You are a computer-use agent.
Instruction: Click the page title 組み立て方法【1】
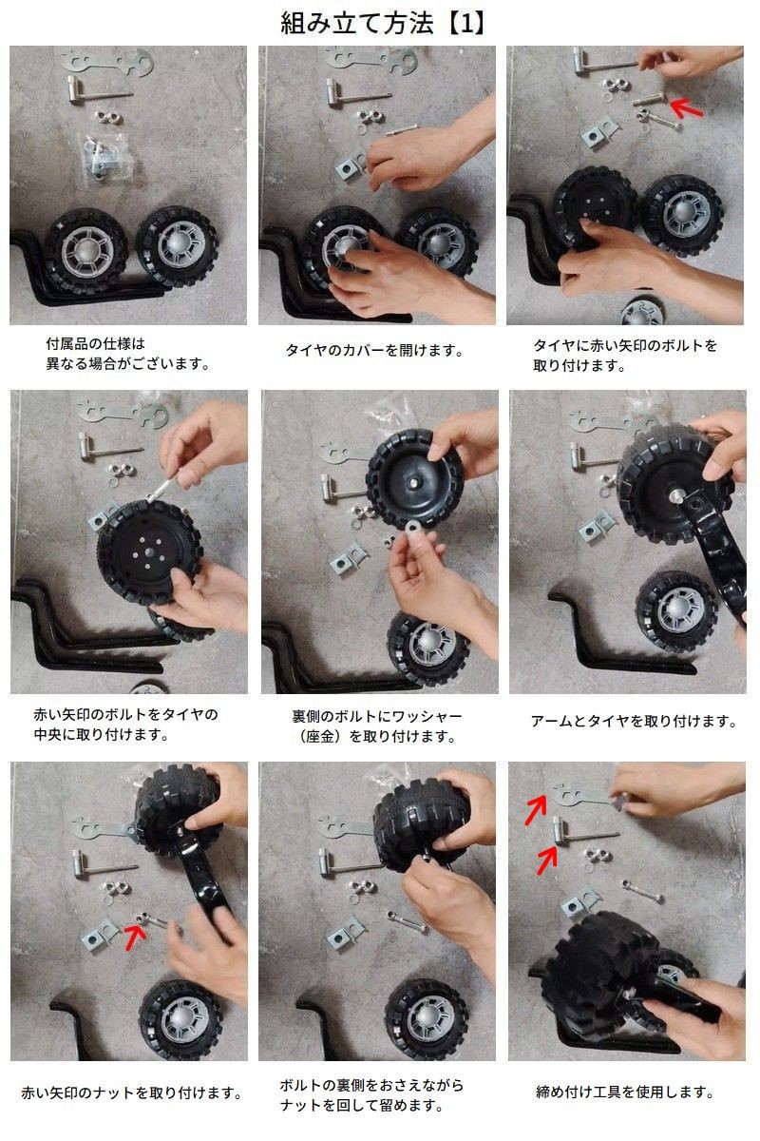click(x=383, y=24)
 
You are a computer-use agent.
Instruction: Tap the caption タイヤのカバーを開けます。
click(x=374, y=351)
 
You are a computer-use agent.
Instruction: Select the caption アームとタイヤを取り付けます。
click(x=634, y=722)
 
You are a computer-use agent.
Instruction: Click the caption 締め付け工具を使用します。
click(x=624, y=1092)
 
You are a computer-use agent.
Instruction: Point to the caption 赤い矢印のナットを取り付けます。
click(x=131, y=1093)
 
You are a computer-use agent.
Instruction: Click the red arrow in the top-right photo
click(x=686, y=107)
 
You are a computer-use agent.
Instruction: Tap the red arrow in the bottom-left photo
click(x=135, y=937)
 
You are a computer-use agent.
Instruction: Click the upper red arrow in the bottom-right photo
click(x=536, y=809)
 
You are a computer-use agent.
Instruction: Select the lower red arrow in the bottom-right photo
click(x=547, y=860)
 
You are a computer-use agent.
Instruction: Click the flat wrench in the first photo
click(x=107, y=62)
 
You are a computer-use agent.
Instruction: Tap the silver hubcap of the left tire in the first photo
click(x=86, y=252)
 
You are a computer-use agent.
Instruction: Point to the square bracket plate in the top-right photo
click(x=599, y=132)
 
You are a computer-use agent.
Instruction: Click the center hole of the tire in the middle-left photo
click(x=148, y=551)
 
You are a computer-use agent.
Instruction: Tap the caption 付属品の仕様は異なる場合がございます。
click(x=127, y=354)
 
